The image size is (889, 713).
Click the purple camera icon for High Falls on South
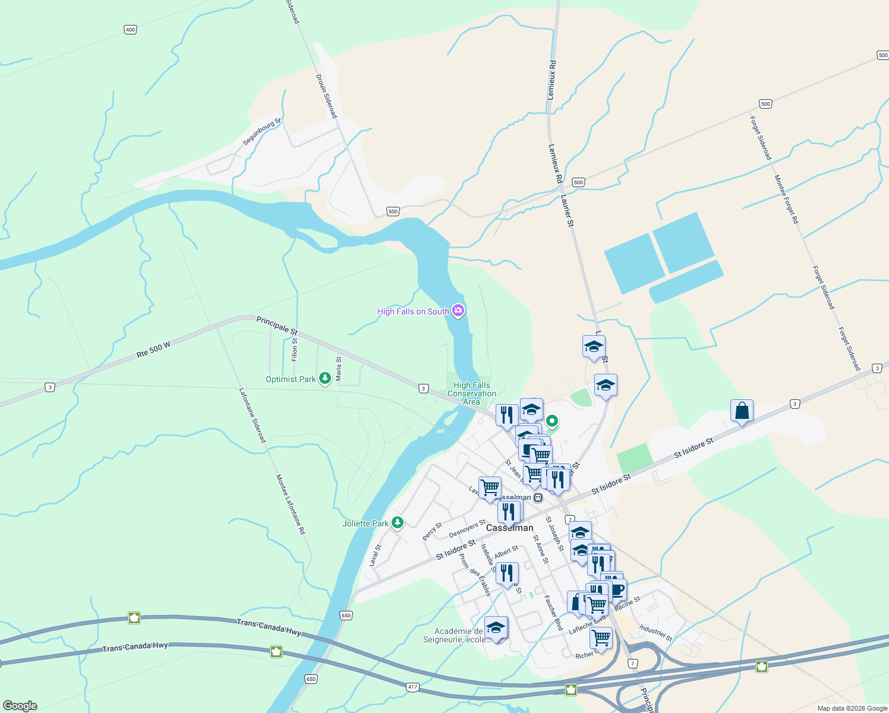point(458,311)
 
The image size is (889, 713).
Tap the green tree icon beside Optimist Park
point(324,378)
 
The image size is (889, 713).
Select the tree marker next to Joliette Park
point(398,523)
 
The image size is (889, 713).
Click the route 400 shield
point(130,30)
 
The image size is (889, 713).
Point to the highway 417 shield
point(412,687)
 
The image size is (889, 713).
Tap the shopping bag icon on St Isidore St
point(742,411)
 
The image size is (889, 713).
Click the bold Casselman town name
point(509,528)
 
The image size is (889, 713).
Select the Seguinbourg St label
point(261,132)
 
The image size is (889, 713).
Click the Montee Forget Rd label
point(786,199)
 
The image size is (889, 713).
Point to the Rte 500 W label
point(153,349)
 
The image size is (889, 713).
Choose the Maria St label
point(339,368)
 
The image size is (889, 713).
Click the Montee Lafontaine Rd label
point(291,504)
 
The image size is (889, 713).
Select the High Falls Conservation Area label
point(472,393)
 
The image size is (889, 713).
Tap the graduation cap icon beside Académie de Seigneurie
point(496,627)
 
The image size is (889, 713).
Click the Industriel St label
point(655,633)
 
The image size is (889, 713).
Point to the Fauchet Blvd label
point(553,613)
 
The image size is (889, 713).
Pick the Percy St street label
point(432,531)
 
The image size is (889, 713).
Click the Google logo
point(20,706)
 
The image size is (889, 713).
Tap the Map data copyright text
point(852,708)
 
